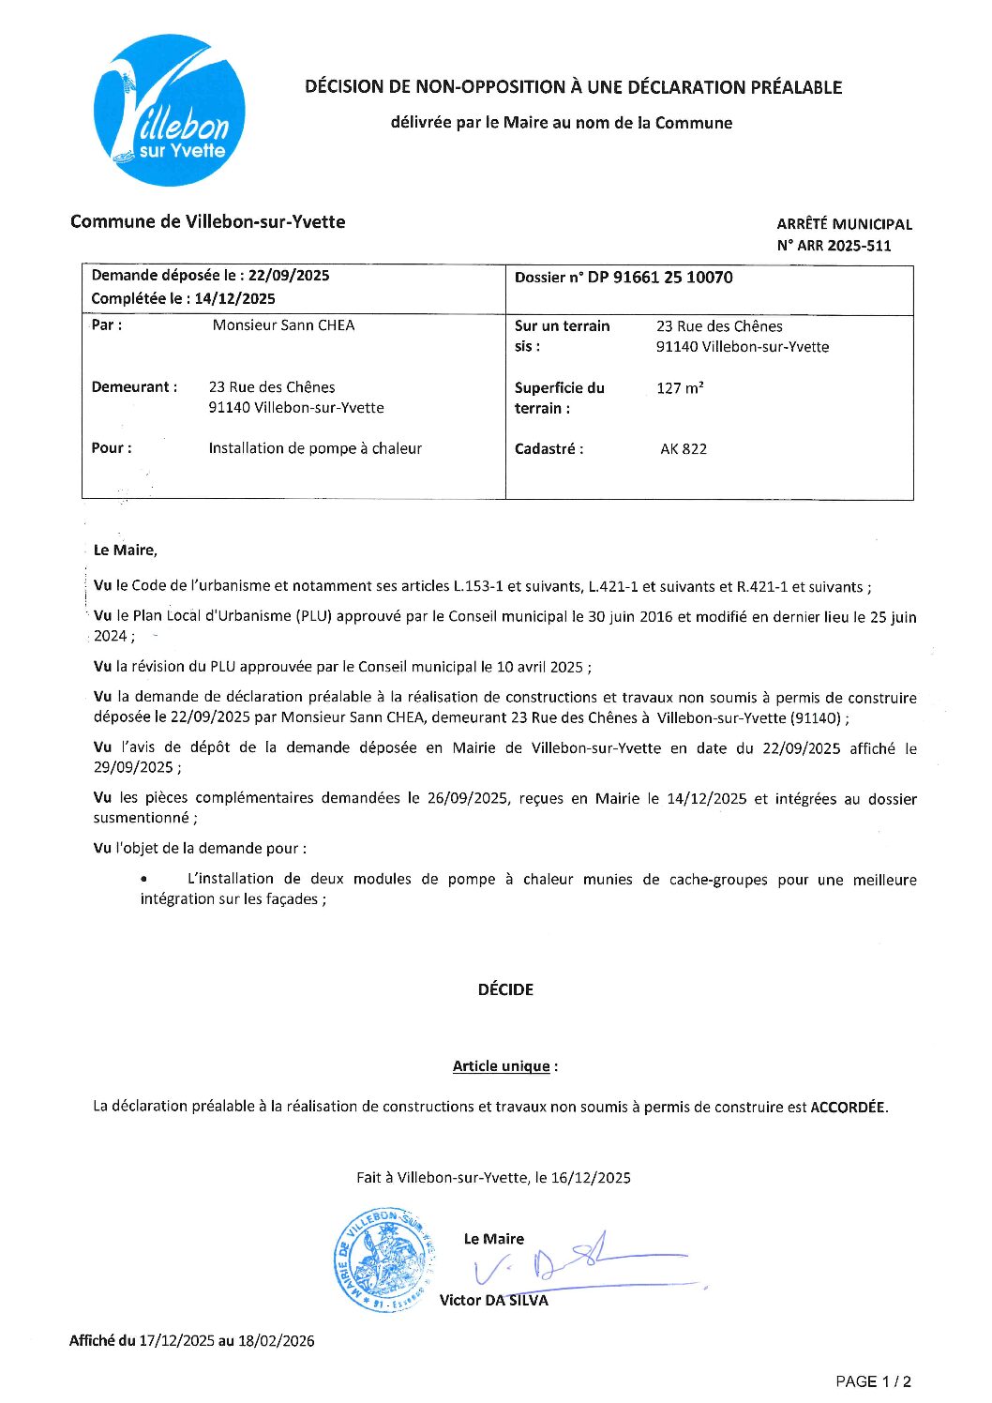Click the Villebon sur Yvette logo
[170, 111]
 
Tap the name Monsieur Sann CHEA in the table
[283, 325]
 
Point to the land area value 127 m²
[680, 388]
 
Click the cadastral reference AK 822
[684, 449]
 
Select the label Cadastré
[549, 449]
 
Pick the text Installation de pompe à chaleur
[315, 448]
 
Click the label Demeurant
[134, 387]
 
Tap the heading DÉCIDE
[505, 989]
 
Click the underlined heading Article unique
[502, 1066]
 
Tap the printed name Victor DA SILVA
[494, 1300]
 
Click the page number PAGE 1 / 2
[873, 1381]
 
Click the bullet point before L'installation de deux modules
[143, 880]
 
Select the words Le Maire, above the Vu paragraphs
[126, 551]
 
